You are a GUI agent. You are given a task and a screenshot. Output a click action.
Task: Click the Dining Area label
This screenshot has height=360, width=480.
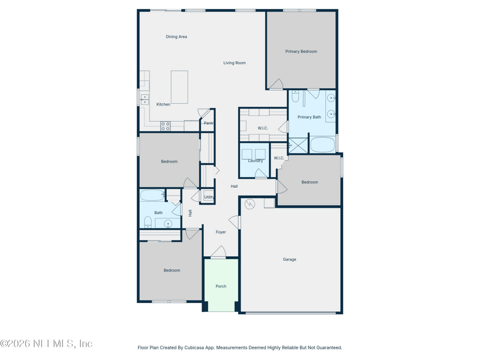pos(176,37)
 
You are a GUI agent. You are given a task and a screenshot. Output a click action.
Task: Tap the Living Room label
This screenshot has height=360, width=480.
pos(235,63)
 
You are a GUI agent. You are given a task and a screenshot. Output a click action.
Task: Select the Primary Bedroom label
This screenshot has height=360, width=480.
pos(301,52)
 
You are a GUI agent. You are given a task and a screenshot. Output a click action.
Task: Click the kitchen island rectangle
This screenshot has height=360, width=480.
pos(179,87)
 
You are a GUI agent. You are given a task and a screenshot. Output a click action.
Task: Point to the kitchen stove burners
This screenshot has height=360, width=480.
pos(166,126)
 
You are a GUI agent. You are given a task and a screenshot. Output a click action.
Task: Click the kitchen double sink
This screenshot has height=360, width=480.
pos(145,100)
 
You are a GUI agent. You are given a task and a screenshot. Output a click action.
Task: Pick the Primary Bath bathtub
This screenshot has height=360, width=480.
pos(323,145)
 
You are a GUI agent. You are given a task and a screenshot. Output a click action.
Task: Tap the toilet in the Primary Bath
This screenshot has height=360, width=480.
pos(295,96)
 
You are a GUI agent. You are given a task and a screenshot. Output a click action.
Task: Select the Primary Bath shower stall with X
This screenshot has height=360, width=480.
pos(298,145)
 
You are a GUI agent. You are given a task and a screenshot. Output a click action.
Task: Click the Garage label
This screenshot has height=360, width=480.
pos(290,260)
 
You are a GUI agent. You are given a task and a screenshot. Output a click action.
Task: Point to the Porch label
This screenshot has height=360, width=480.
pos(221,286)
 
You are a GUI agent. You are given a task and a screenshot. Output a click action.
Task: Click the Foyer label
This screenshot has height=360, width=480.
pos(221,232)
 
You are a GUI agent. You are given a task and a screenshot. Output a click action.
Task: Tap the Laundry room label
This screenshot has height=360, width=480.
pos(256,161)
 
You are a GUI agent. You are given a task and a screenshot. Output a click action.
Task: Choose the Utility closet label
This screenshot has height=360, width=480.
pos(209,197)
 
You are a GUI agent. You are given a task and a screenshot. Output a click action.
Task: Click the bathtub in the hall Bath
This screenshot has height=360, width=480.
pos(152,196)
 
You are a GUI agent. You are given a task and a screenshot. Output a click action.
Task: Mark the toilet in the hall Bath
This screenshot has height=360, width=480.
pos(148,222)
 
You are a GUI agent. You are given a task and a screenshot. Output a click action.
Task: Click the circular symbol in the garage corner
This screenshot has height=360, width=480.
pos(250,204)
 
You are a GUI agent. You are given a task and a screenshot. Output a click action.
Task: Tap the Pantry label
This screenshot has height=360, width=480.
pos(209,123)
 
